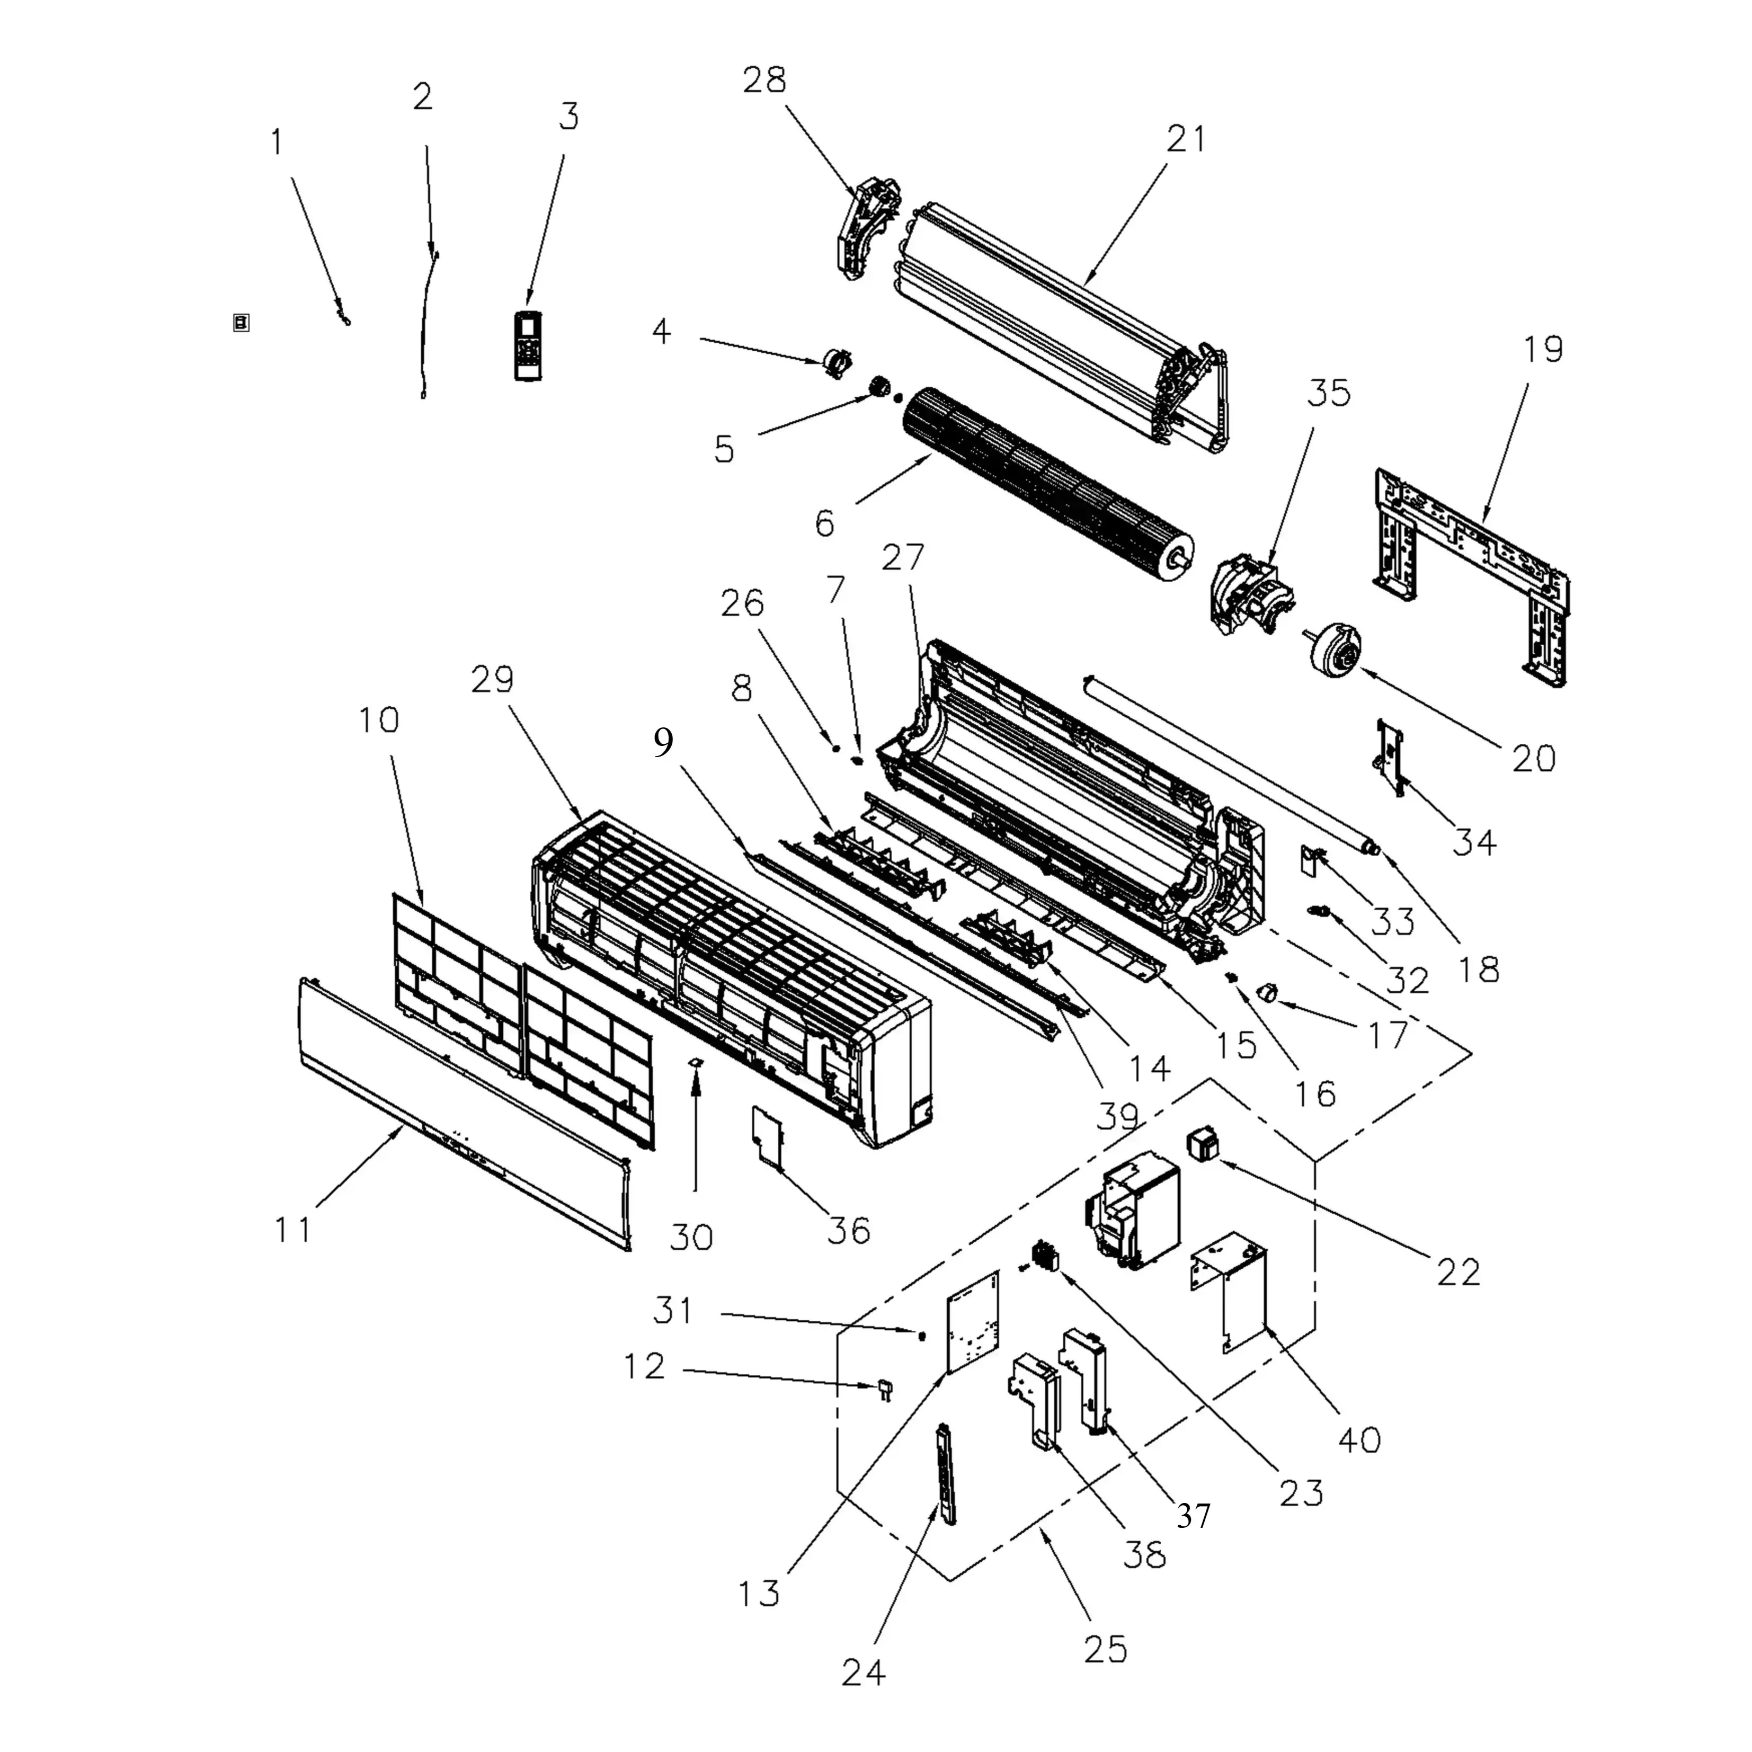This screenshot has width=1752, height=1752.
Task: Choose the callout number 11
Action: click(x=293, y=1230)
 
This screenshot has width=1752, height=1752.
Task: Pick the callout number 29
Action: click(x=492, y=679)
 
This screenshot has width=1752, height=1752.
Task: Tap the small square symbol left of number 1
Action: click(x=241, y=323)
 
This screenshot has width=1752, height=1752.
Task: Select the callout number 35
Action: click(x=1329, y=393)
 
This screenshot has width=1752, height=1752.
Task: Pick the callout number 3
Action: click(x=568, y=116)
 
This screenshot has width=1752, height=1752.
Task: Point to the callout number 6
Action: click(x=824, y=523)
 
